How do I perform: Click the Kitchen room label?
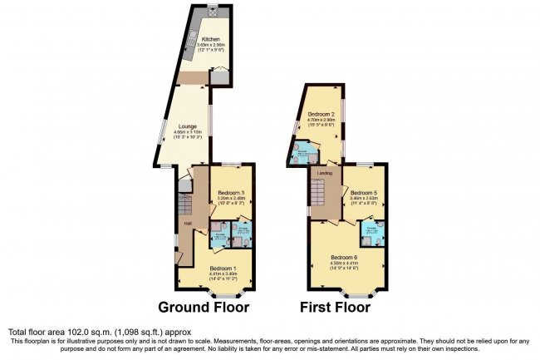210,38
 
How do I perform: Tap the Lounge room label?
186,126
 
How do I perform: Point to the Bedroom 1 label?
222,268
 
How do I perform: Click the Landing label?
325,173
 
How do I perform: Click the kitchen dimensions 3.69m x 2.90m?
210,45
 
